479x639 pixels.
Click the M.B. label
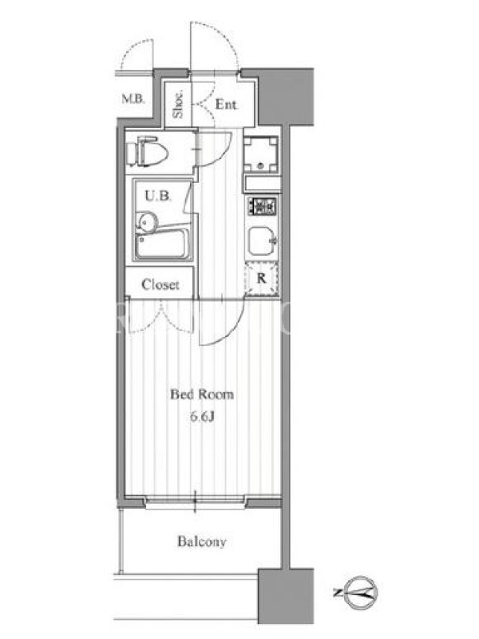[133, 98]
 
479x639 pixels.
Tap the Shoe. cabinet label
[178, 105]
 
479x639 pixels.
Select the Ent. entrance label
[226, 105]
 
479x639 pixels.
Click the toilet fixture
[147, 152]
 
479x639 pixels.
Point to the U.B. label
[158, 196]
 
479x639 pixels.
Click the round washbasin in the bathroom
[148, 222]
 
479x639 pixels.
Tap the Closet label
[160, 284]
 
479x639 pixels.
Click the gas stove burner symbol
[262, 206]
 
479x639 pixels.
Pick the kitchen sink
[262, 240]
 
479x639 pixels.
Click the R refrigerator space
[262, 279]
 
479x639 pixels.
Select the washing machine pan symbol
[261, 154]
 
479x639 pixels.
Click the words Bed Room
[202, 395]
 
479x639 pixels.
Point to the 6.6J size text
[202, 416]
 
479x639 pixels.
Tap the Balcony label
[202, 542]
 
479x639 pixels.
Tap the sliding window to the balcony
[196, 502]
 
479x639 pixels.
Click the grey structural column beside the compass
[286, 595]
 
